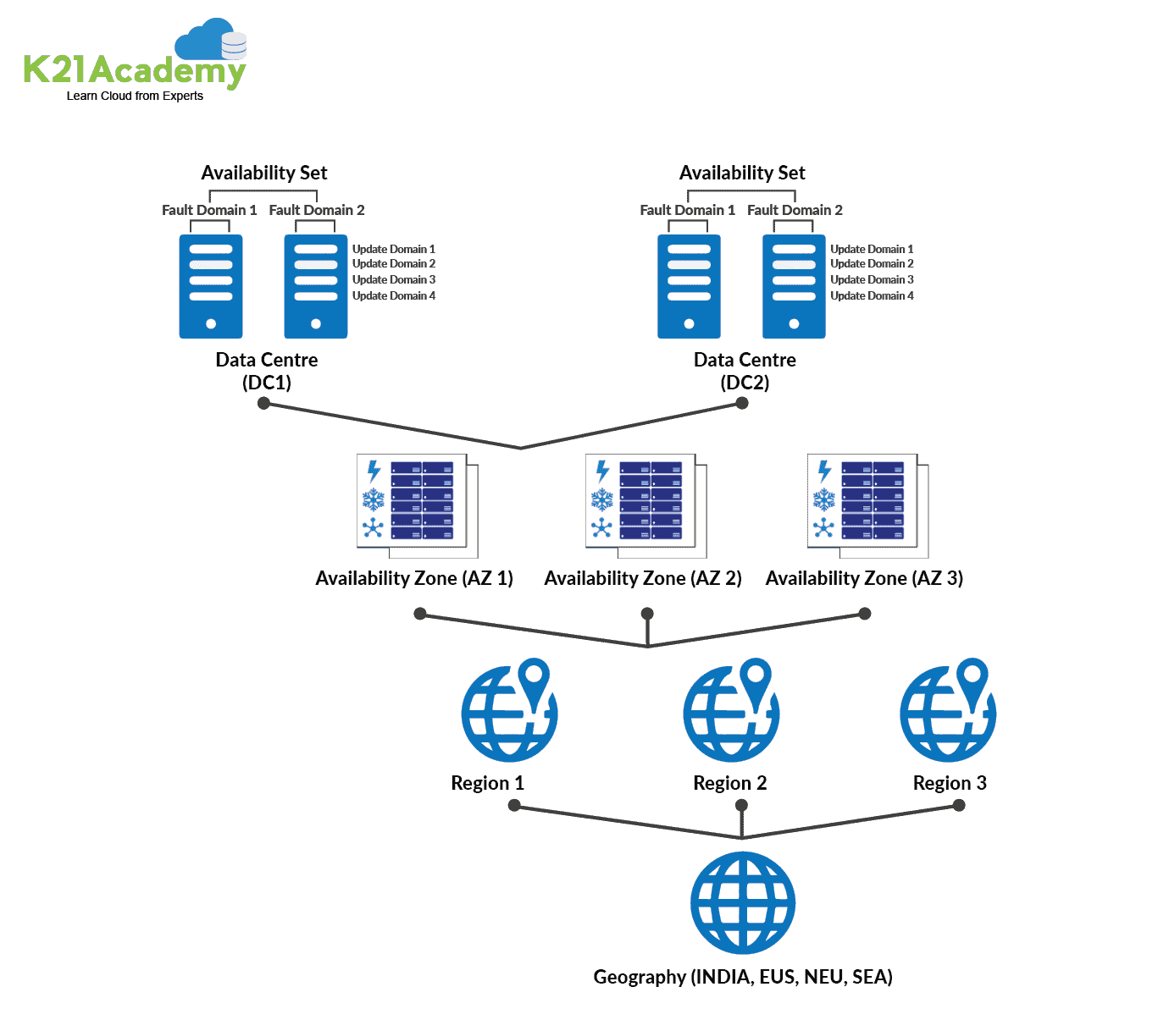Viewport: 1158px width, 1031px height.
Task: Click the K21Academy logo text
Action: [134, 70]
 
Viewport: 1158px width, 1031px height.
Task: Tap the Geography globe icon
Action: [742, 902]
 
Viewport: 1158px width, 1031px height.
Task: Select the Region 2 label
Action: [729, 783]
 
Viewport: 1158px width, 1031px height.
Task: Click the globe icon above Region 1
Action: [509, 711]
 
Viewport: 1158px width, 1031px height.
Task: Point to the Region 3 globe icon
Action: [948, 711]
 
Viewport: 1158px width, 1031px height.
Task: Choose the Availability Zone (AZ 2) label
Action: [643, 578]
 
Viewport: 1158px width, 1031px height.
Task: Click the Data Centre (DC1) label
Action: [267, 371]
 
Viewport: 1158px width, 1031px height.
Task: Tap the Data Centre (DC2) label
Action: [745, 371]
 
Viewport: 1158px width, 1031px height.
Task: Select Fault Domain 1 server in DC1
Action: [211, 286]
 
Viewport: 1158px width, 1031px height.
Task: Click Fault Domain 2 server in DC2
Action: [794, 286]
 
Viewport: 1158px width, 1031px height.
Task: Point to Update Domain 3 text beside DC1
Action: [394, 279]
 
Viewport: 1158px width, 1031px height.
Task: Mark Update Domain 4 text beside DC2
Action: [872, 295]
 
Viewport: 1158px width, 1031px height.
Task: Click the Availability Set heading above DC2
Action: [742, 173]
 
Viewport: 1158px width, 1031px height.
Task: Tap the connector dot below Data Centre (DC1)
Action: [263, 403]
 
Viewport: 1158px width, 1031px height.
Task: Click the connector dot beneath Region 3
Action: [959, 805]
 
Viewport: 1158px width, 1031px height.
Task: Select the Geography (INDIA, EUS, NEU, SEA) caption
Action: [743, 977]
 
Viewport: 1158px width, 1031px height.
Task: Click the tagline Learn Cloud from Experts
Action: [135, 96]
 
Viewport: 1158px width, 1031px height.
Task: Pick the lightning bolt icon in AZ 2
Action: [602, 471]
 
